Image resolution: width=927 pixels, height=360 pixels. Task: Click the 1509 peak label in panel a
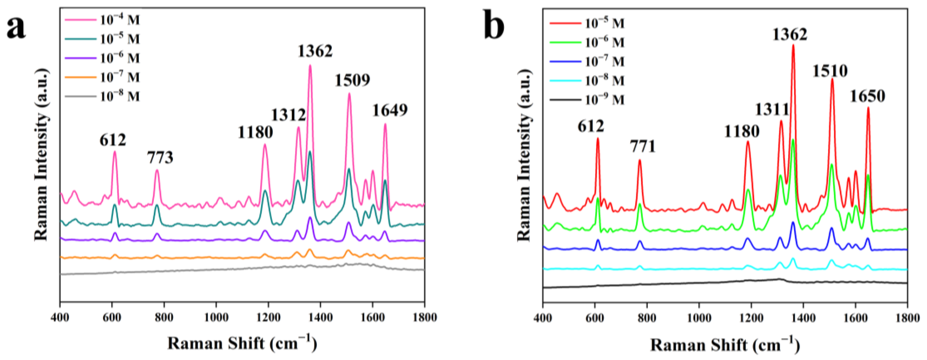[352, 80]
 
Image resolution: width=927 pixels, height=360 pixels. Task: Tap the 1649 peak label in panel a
[390, 110]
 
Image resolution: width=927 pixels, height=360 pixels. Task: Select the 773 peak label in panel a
[160, 158]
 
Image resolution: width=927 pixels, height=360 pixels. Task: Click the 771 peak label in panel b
[643, 147]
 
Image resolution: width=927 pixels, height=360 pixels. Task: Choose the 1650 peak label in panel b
[867, 96]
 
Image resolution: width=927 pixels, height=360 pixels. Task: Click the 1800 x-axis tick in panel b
[907, 318]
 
